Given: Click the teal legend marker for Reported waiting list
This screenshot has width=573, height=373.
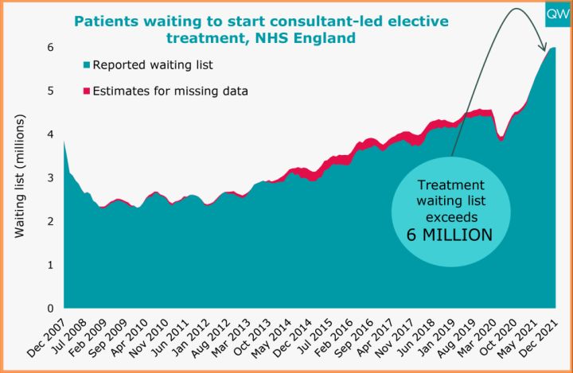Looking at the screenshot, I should pyautogui.click(x=86, y=65).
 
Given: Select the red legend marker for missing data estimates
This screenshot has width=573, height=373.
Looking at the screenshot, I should pyautogui.click(x=86, y=91).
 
